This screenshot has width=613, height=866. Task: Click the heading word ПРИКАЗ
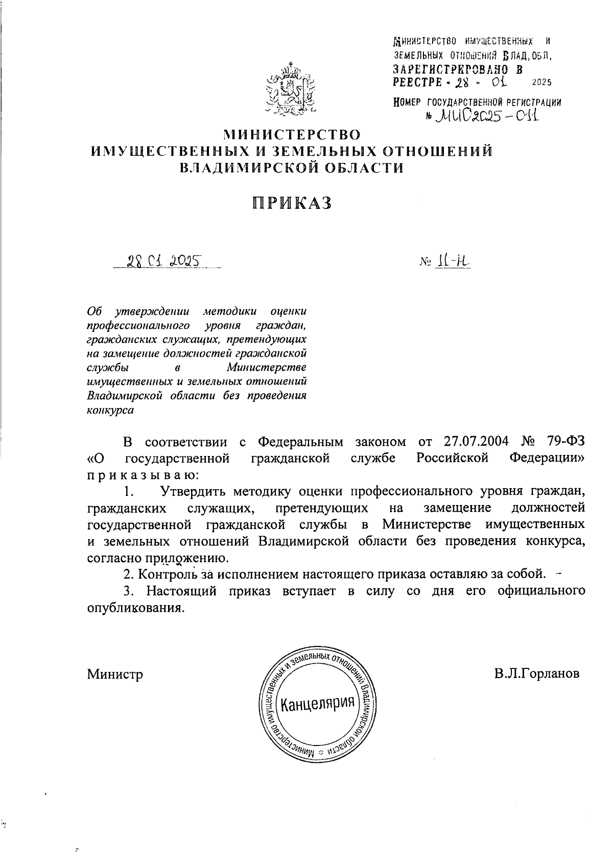(x=292, y=203)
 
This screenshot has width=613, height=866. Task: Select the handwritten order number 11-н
(x=453, y=262)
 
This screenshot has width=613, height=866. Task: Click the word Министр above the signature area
(x=115, y=674)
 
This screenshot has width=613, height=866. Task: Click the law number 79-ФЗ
(x=561, y=442)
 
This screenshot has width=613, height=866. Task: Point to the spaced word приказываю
(x=144, y=475)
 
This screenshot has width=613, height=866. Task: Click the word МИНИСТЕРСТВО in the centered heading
(x=292, y=134)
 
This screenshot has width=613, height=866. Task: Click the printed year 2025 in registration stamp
(x=542, y=82)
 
